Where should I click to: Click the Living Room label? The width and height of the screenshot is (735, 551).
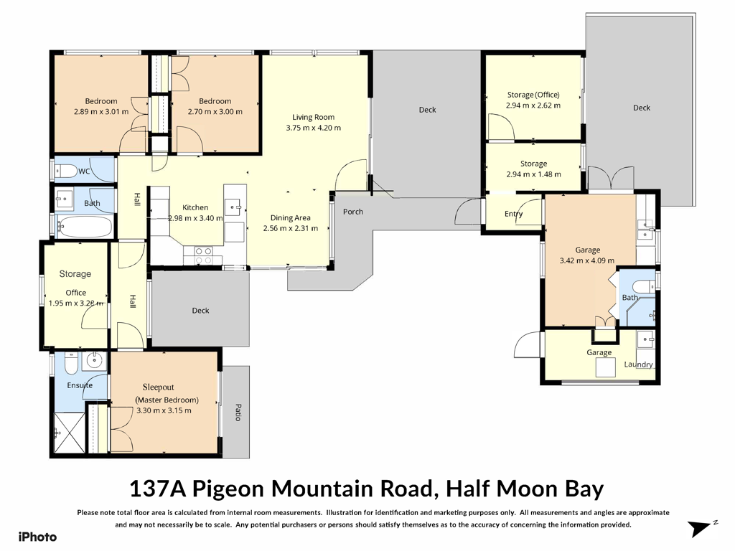click(x=313, y=117)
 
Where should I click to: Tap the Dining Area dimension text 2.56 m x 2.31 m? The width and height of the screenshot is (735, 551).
click(x=291, y=229)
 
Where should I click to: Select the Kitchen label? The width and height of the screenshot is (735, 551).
click(x=195, y=207)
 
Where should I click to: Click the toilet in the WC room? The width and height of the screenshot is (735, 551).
click(x=66, y=171)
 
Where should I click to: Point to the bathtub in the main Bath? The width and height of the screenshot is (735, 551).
click(x=85, y=227)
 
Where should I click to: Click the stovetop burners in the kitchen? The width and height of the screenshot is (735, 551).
click(x=203, y=255)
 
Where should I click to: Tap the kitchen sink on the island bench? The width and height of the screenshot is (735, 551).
click(x=233, y=206)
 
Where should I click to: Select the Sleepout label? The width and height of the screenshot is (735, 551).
click(x=159, y=387)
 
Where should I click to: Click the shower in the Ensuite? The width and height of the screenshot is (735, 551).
click(x=70, y=433)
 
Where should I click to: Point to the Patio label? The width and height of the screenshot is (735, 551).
click(x=238, y=413)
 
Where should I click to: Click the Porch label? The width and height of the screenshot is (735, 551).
click(x=353, y=212)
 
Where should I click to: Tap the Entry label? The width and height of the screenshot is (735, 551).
click(x=514, y=214)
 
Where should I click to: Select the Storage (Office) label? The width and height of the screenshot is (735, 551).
click(x=533, y=95)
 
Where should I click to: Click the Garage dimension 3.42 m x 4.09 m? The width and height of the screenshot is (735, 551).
click(x=587, y=260)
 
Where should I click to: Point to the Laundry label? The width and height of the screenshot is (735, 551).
click(x=638, y=364)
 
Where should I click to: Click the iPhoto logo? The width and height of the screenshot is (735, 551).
click(x=37, y=537)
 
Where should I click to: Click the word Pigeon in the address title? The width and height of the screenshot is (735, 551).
click(x=229, y=489)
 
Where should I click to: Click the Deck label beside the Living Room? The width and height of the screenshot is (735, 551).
click(x=428, y=110)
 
